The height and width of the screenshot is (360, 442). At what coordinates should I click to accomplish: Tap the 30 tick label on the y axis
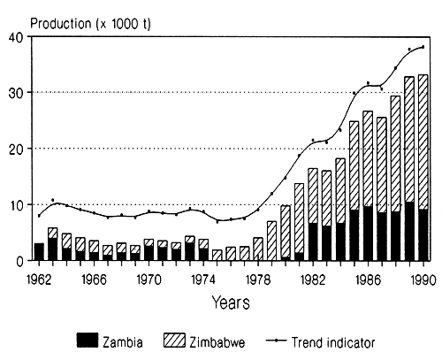click(17, 93)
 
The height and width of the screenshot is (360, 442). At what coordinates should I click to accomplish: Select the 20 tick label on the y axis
click(17, 149)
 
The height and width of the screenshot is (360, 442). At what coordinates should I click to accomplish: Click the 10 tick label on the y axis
click(17, 204)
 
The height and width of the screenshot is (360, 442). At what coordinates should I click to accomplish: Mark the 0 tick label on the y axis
click(21, 260)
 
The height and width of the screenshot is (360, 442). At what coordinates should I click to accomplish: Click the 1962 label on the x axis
click(39, 276)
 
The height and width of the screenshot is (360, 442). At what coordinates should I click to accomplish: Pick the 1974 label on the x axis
click(204, 276)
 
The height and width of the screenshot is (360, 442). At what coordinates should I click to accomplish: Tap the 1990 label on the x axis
click(424, 276)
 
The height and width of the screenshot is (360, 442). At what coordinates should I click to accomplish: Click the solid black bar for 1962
click(39, 251)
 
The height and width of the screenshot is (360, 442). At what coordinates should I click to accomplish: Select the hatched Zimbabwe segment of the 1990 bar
click(424, 142)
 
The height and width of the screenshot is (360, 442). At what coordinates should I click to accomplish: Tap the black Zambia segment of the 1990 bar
click(424, 234)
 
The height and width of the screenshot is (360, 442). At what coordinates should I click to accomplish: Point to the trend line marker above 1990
click(423, 47)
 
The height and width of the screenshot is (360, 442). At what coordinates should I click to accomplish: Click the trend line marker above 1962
click(39, 215)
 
